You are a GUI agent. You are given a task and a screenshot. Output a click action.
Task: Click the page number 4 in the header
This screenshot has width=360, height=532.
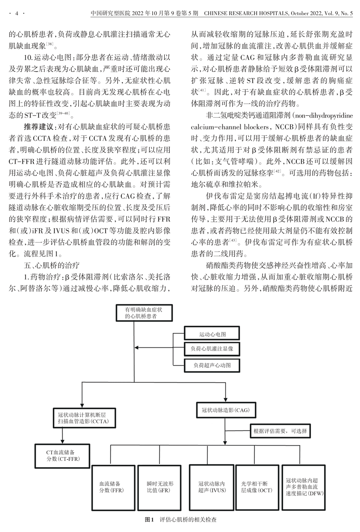click(16, 14)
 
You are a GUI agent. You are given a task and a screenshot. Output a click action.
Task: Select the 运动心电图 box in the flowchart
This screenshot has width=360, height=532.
click(212, 334)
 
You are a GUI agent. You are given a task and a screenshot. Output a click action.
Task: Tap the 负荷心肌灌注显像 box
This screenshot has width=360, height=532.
click(212, 348)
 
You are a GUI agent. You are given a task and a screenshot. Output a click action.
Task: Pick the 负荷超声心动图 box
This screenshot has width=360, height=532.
click(212, 365)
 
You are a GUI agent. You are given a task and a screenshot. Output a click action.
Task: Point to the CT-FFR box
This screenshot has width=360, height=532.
click(62, 456)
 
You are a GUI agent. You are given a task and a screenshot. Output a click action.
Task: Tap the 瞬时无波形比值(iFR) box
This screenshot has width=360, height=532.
click(160, 487)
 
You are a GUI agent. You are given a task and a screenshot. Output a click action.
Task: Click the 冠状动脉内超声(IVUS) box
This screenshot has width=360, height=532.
click(211, 487)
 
